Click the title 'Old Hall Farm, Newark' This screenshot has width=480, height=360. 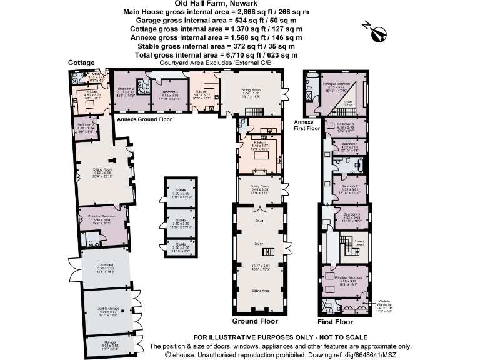pyautogui.click(x=239, y=4)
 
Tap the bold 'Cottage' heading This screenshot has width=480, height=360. pyautogui.click(x=82, y=62)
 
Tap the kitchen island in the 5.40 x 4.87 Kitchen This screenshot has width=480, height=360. pyautogui.click(x=261, y=154)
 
